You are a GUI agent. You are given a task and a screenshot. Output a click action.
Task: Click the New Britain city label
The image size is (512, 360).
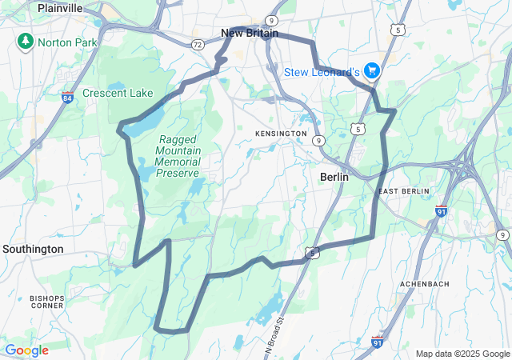(x=250, y=33)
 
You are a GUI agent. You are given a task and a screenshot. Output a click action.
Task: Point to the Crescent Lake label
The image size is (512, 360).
(x=117, y=94)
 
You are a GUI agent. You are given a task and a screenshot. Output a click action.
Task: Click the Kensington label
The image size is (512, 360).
(x=281, y=133)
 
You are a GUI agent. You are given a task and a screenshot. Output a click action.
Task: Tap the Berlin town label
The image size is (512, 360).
(x=334, y=177)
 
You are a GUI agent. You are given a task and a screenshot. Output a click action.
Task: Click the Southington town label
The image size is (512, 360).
(x=33, y=249)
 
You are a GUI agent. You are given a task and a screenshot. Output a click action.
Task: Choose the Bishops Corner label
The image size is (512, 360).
(x=47, y=302)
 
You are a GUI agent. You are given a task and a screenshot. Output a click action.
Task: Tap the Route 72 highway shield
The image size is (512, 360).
(x=197, y=46)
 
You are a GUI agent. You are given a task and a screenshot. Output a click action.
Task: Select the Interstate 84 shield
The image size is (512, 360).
(x=69, y=97)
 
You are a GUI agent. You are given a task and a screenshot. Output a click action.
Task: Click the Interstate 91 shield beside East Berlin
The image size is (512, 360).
(x=441, y=212)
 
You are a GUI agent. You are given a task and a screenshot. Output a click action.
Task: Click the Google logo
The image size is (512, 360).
(x=26, y=350)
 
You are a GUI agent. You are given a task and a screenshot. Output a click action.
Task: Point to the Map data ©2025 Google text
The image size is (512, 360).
(x=462, y=354)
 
